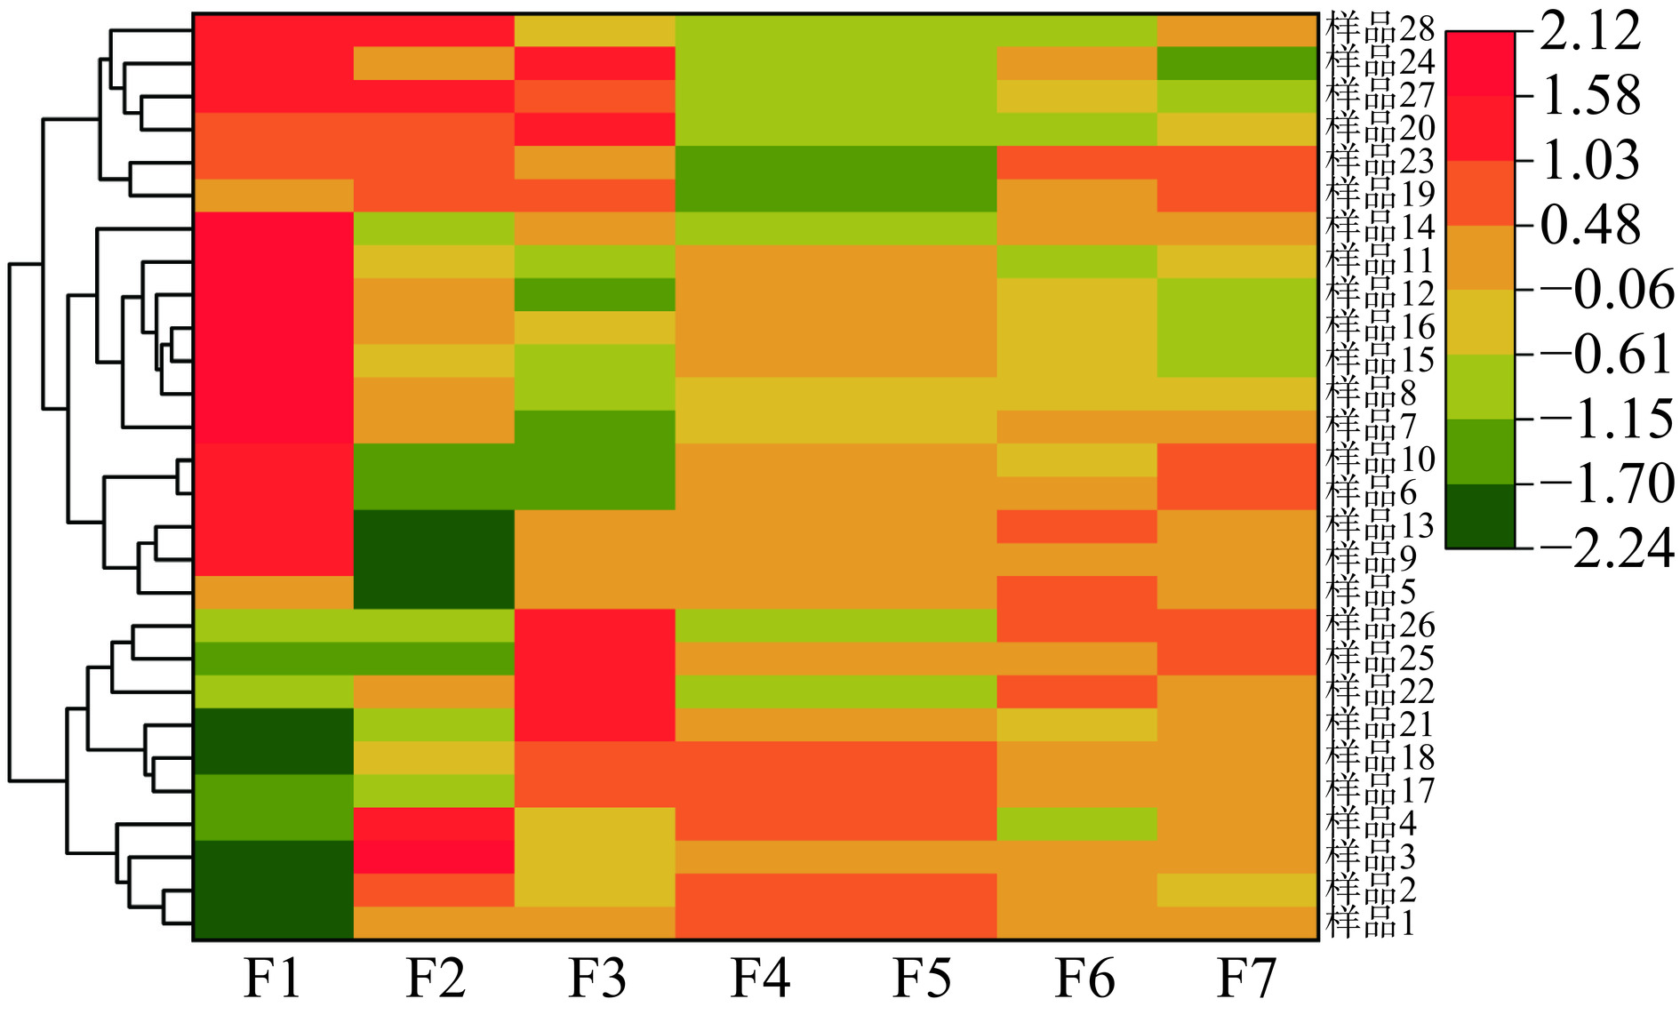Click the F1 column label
point(272,979)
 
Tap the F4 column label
point(760,979)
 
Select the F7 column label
point(1246,979)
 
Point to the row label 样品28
point(1380,29)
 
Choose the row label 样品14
point(1380,228)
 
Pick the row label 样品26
point(1380,625)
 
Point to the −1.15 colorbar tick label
point(1607,419)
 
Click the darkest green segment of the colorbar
point(1480,516)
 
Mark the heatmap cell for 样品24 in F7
point(1237,63)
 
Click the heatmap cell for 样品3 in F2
point(434,857)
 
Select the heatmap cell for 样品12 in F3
point(595,294)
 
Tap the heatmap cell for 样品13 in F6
point(1076,526)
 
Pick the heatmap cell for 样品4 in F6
point(1076,824)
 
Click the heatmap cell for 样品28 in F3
point(595,30)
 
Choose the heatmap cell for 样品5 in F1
point(274,592)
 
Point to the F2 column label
point(435,979)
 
